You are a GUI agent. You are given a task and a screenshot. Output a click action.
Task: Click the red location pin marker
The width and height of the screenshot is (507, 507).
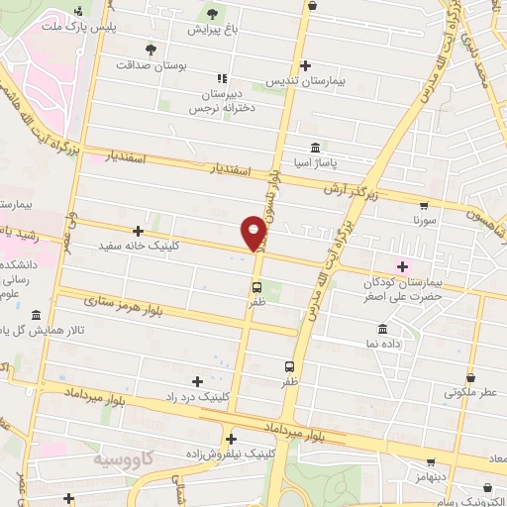[254, 233]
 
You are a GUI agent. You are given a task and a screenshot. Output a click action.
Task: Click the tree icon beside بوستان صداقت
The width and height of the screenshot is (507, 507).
[151, 48]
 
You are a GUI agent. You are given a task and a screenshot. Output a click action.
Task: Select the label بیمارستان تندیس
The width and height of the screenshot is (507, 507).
[305, 82]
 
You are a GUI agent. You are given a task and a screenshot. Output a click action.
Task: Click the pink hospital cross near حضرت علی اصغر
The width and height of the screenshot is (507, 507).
[402, 264]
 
